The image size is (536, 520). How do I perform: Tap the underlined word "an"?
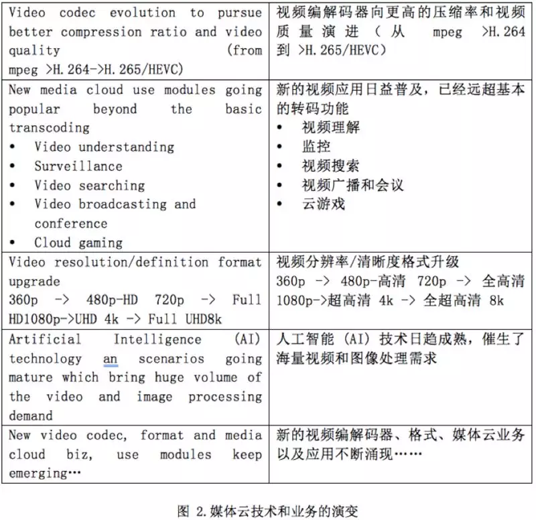pos(111,359)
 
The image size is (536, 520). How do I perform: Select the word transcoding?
pos(49,127)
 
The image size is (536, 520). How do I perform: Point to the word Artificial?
pos(45,340)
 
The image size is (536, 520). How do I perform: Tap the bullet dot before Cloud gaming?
pos(13,243)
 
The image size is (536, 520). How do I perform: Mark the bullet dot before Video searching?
pos(13,186)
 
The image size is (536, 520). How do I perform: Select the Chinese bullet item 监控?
pos(317,146)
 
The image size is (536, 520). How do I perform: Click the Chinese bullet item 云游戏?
pos(324,204)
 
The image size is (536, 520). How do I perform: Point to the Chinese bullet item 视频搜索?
pos(330,166)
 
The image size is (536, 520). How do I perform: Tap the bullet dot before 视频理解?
pos(281,127)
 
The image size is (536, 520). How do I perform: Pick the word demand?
pos(31,415)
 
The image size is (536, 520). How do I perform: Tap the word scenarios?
pos(172,359)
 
